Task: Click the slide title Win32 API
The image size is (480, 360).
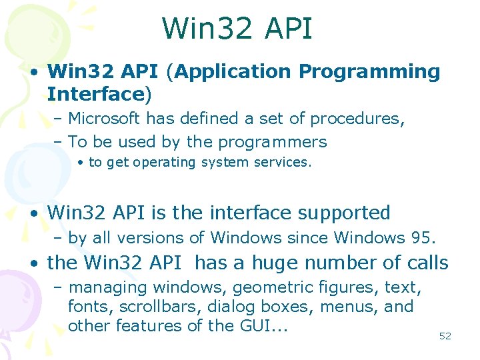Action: (x=237, y=29)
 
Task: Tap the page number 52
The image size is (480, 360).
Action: (x=445, y=336)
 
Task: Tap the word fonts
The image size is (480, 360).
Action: (x=84, y=307)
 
